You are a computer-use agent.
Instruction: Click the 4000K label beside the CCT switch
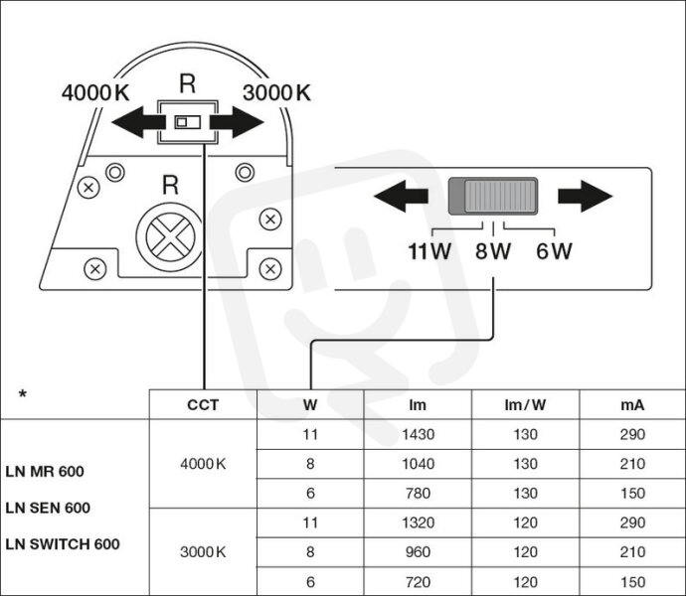[95, 92]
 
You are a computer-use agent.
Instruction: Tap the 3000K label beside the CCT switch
[276, 92]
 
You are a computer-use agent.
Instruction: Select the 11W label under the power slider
[429, 251]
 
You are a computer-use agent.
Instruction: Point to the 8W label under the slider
[493, 251]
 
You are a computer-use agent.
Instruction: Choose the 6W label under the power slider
[554, 251]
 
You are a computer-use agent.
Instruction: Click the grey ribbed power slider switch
[493, 196]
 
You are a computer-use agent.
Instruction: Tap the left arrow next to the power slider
[401, 196]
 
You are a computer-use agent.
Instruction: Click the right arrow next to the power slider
[585, 196]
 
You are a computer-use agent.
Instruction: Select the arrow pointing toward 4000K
[138, 122]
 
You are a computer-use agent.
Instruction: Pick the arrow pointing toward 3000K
[237, 122]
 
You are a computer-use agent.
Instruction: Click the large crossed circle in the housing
[170, 236]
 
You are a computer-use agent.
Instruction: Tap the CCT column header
[203, 405]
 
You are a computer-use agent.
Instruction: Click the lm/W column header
[525, 405]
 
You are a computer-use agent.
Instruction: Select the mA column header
[632, 405]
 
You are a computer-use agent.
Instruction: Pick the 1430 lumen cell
[419, 435]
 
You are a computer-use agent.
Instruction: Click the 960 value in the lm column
[419, 552]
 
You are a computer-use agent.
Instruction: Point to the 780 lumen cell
[419, 494]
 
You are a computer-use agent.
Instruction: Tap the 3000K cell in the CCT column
[203, 552]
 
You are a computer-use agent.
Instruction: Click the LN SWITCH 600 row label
[63, 544]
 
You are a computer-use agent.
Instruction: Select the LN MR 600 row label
[45, 472]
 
